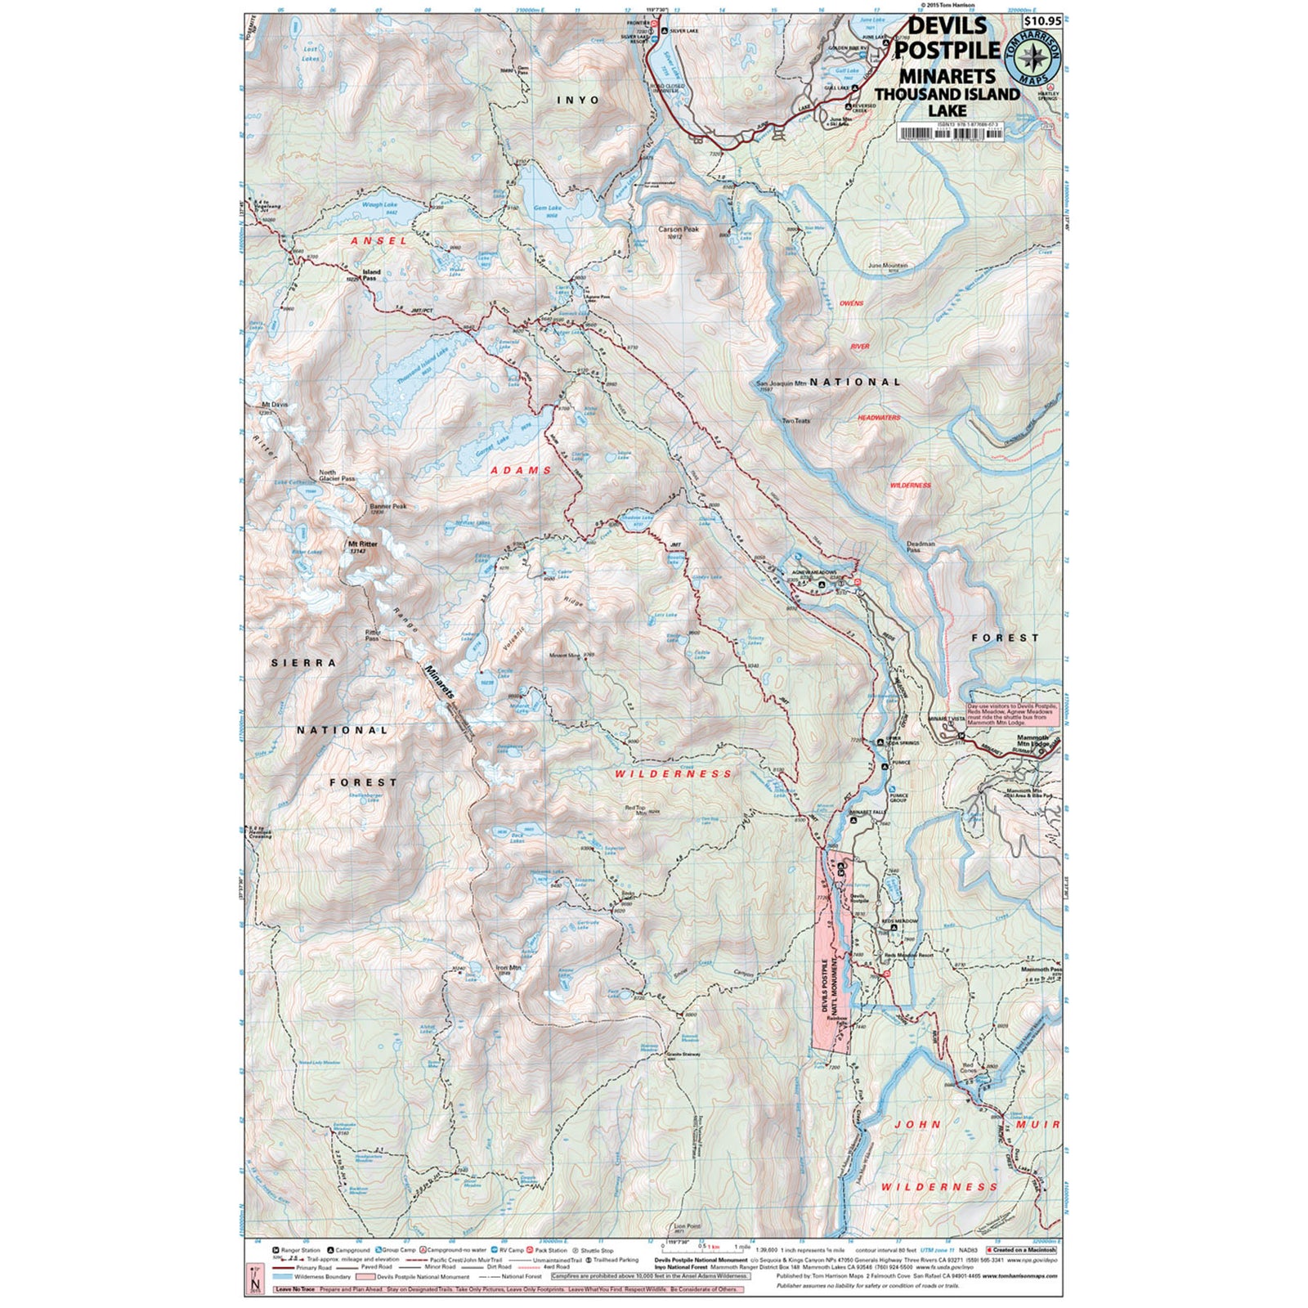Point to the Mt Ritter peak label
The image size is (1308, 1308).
(x=362, y=544)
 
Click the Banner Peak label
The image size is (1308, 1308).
(x=387, y=506)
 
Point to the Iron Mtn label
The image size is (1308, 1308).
(x=508, y=967)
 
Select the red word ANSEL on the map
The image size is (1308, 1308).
(x=379, y=241)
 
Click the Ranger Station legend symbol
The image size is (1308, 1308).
(x=275, y=1251)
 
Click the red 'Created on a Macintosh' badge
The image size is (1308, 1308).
(x=1021, y=1250)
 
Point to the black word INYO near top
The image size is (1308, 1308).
(x=577, y=100)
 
